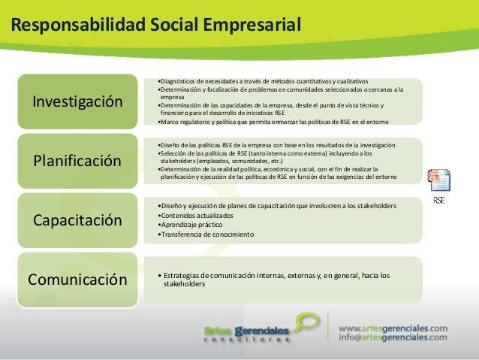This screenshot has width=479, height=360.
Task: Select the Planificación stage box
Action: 77,161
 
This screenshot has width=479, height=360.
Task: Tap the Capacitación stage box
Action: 77,220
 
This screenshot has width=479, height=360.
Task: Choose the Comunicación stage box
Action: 77,280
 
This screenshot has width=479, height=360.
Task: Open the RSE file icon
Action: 438,183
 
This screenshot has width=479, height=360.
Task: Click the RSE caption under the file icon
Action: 439,201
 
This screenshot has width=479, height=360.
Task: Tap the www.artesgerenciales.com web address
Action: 393,328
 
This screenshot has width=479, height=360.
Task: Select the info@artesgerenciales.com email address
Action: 393,338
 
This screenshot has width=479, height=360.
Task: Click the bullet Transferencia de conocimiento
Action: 196,234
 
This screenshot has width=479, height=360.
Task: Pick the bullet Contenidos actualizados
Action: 191,215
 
